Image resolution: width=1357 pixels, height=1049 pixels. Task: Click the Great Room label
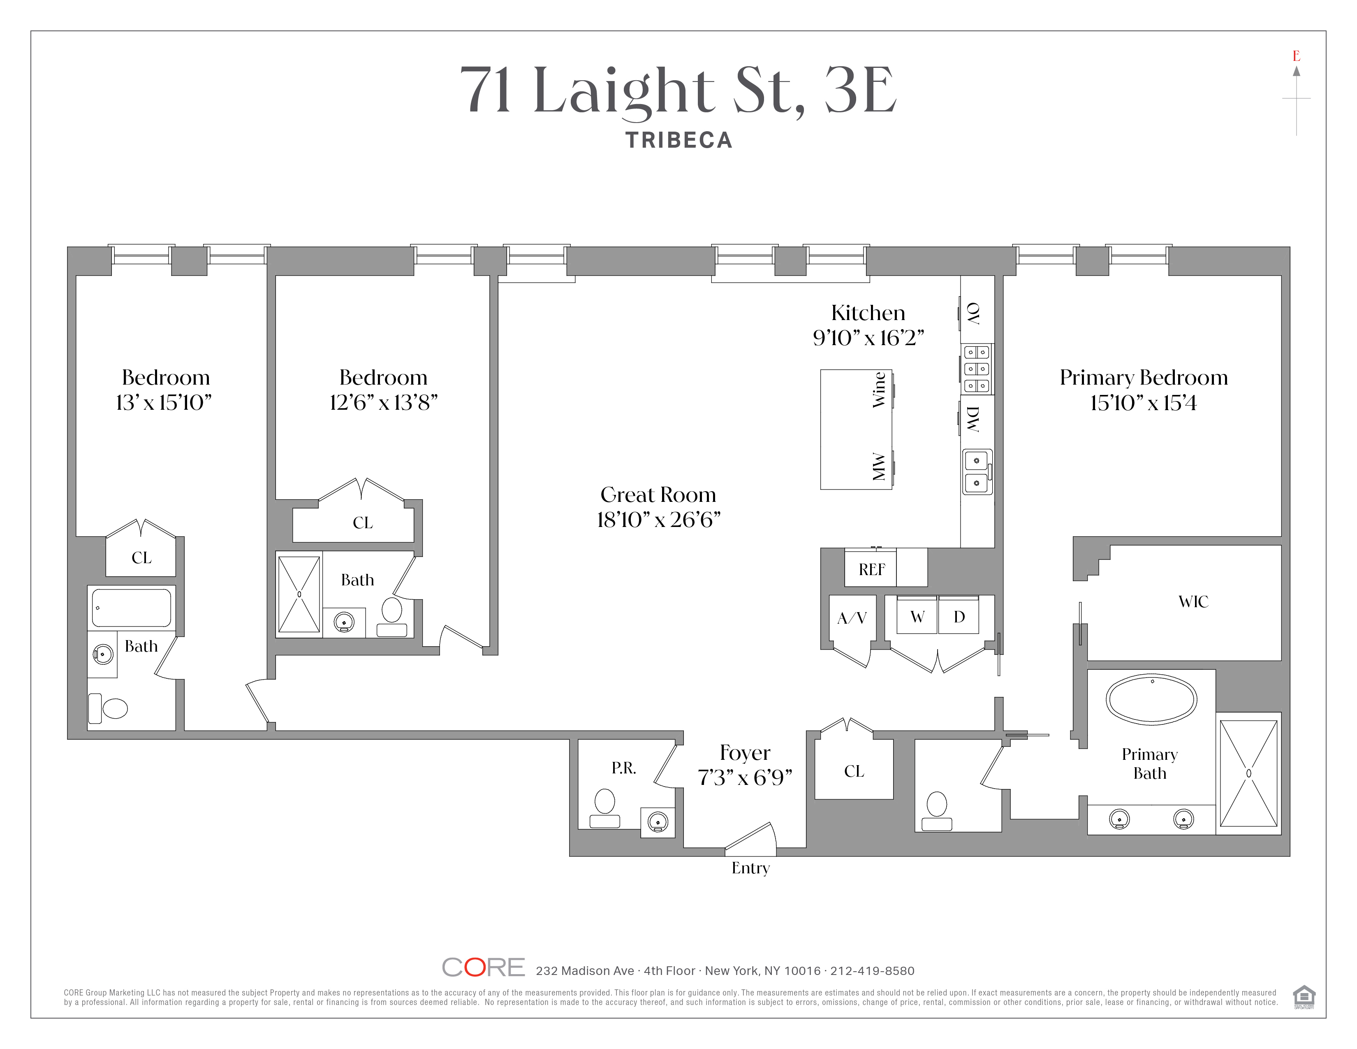coord(658,494)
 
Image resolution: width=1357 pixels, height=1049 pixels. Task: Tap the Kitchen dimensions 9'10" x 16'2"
coord(868,337)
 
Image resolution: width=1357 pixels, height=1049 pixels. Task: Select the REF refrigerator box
coord(871,568)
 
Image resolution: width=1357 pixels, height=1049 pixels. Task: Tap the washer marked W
coord(917,616)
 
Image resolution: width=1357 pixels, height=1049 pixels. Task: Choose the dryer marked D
coord(959,616)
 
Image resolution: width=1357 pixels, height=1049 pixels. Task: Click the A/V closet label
coord(852,618)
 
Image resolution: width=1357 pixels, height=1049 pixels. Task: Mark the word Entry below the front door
coord(750,868)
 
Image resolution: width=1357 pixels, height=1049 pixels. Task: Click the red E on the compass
coord(1296,56)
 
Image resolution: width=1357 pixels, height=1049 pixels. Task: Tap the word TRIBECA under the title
coord(679,140)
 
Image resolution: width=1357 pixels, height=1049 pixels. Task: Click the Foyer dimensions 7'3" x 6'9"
coord(745,777)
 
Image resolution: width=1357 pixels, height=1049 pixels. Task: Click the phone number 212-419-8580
coord(872,971)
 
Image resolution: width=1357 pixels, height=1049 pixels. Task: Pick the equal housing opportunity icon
coord(1304,997)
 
